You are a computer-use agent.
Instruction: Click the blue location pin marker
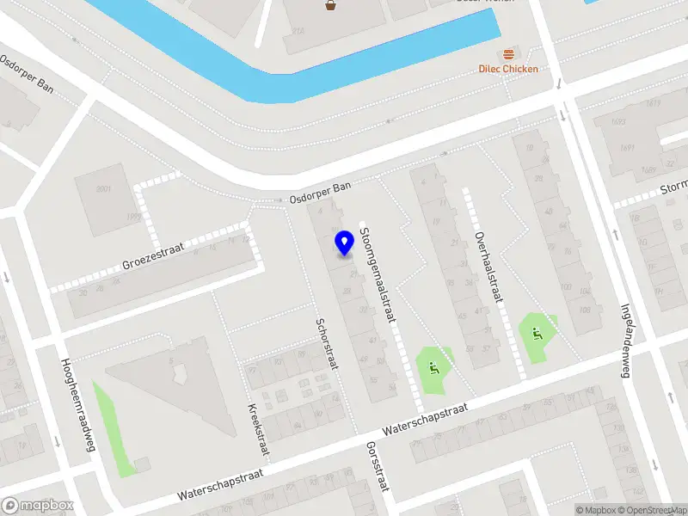click(345, 243)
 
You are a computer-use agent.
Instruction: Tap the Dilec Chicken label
click(508, 69)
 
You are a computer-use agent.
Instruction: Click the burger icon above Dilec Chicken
click(513, 53)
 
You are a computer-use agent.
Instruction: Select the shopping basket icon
click(330, 6)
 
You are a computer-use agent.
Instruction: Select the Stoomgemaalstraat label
click(378, 274)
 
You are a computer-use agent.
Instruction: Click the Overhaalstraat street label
click(487, 266)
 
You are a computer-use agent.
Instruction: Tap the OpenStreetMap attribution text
click(654, 510)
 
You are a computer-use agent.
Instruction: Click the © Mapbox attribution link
click(597, 510)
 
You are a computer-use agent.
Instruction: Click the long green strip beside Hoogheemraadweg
click(114, 430)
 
